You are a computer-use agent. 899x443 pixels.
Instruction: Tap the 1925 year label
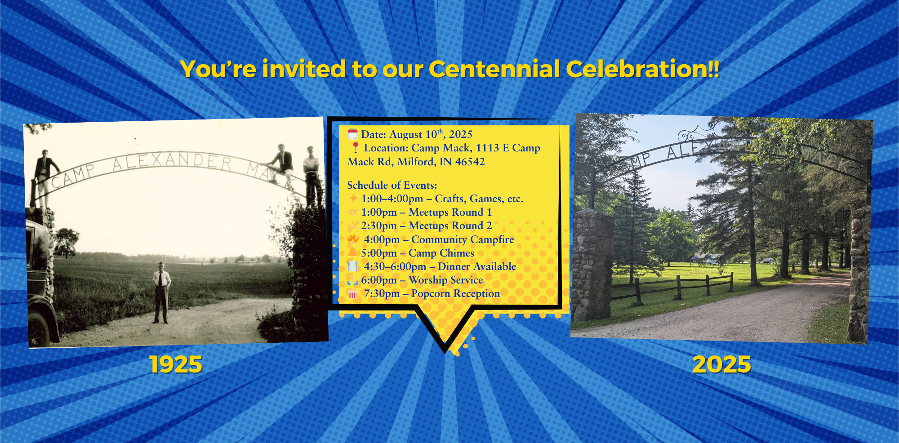tap(176, 364)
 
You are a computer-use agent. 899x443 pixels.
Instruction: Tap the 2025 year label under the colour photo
tap(721, 364)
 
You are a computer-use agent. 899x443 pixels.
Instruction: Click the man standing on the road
tap(160, 293)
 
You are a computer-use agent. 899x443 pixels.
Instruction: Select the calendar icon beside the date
tap(352, 134)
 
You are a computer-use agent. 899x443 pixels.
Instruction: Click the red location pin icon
tap(355, 147)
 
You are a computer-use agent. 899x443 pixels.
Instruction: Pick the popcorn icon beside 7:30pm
tap(352, 294)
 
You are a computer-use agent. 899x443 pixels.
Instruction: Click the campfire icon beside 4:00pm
tap(353, 239)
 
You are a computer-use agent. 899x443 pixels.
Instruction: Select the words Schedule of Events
tap(392, 185)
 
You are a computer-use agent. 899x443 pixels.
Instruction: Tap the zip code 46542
tap(470, 162)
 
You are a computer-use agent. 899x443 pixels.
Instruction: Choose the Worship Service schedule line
tap(422, 280)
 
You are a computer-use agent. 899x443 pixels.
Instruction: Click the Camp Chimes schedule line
tap(418, 253)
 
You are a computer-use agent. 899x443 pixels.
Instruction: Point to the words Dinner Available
tap(477, 266)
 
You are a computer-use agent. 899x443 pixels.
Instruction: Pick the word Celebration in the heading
tap(643, 69)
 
